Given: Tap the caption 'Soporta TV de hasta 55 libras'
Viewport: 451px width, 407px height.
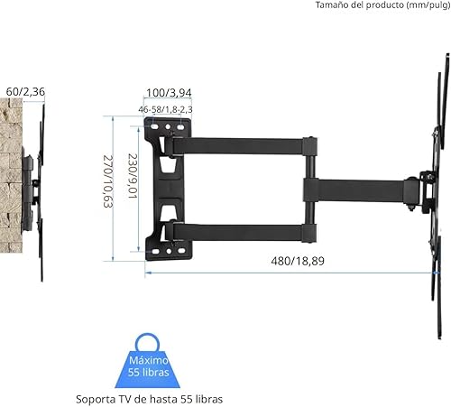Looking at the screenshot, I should click(150, 398).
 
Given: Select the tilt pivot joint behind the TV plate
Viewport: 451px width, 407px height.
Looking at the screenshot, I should click(416, 190).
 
